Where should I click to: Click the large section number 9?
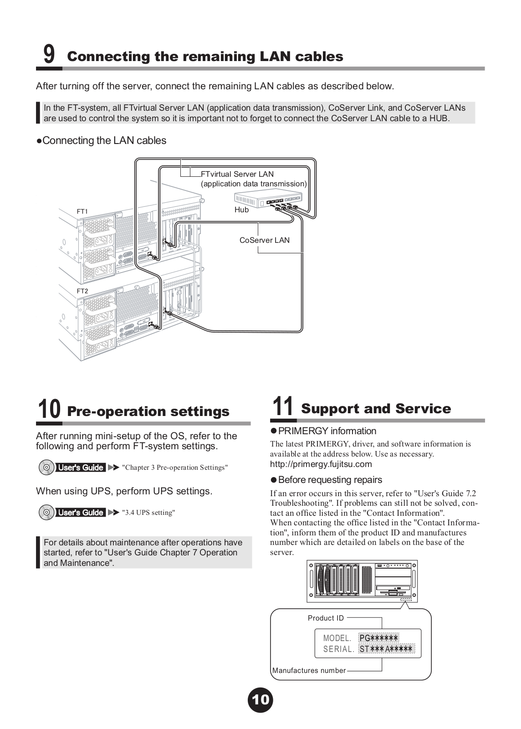pyautogui.click(x=49, y=54)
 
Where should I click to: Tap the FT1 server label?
pyautogui.click(x=82, y=211)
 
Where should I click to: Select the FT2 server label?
pyautogui.click(x=82, y=291)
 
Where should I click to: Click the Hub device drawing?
pyautogui.click(x=268, y=200)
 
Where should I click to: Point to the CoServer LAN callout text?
pyautogui.click(x=264, y=240)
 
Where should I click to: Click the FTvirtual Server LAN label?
pyautogui.click(x=237, y=174)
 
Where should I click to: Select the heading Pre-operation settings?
pyautogui.click(x=148, y=411)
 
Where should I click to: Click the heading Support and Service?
pyautogui.click(x=376, y=408)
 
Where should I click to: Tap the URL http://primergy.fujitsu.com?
pyautogui.click(x=321, y=464)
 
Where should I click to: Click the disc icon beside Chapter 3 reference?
pyautogui.click(x=46, y=467)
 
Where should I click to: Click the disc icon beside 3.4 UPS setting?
pyautogui.click(x=46, y=513)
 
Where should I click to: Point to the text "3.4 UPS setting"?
pyautogui.click(x=148, y=513)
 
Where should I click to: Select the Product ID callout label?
pyautogui.click(x=326, y=618)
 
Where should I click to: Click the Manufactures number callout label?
pyautogui.click(x=309, y=670)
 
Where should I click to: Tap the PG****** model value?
pyautogui.click(x=378, y=638)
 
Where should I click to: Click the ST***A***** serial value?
pyautogui.click(x=386, y=649)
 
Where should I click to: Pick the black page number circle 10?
pyautogui.click(x=260, y=699)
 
